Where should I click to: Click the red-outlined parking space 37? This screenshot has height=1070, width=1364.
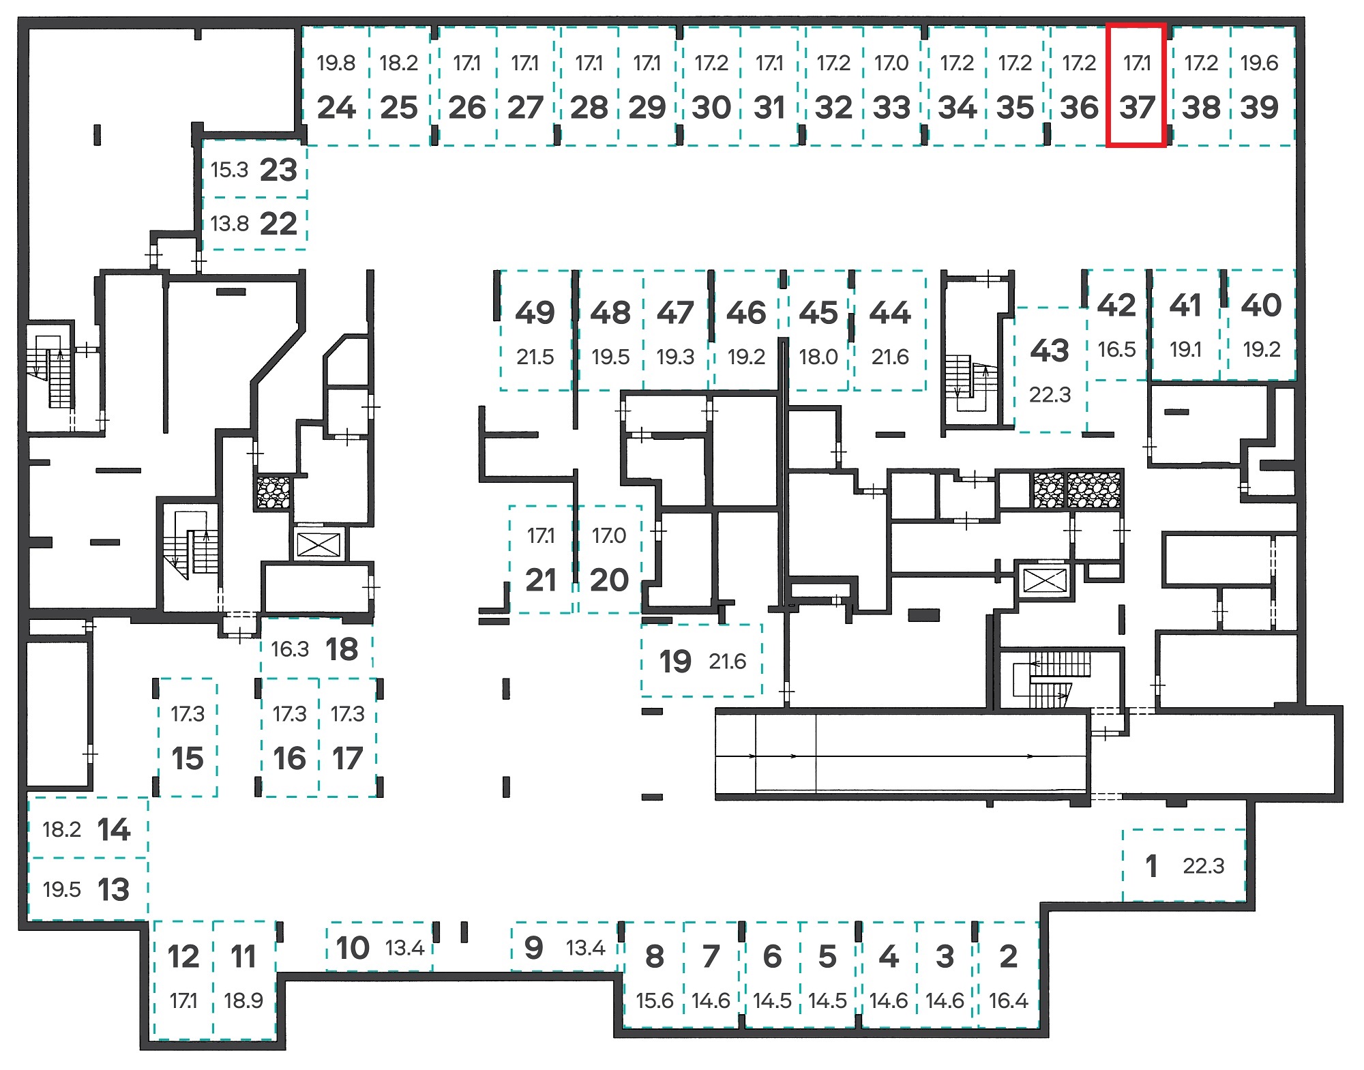(1136, 85)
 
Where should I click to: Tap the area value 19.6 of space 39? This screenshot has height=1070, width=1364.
(1259, 63)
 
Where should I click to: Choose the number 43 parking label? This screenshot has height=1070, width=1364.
(1050, 351)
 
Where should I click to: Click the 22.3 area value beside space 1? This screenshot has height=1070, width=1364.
(1203, 866)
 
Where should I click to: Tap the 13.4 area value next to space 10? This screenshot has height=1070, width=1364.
(405, 948)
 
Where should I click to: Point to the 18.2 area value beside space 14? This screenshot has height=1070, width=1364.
(61, 829)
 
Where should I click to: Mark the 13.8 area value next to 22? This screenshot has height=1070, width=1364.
(230, 224)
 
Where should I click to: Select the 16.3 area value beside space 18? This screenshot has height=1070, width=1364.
(290, 649)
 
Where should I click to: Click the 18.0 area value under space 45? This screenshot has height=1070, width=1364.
(818, 357)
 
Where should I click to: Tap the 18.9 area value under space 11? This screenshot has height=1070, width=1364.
(243, 1000)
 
